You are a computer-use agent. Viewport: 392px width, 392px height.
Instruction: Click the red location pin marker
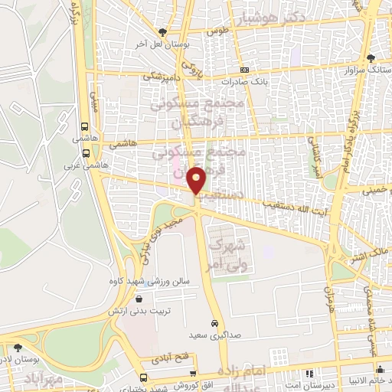point(198,180)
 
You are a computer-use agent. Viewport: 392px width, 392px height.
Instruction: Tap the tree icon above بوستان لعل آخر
point(163,31)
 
